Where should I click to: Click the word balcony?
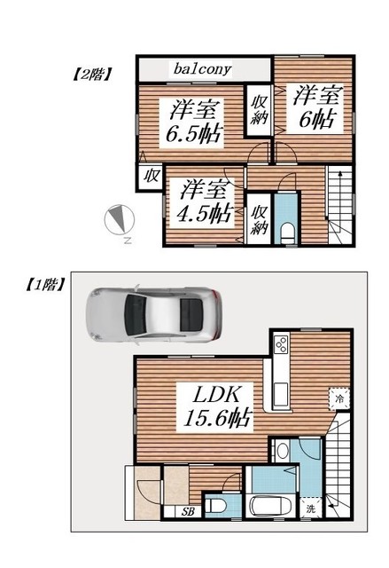click(202, 68)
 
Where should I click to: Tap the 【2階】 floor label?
click(89, 75)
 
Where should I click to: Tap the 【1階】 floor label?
click(36, 286)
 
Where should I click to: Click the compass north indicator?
click(119, 220)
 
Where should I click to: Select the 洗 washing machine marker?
click(311, 509)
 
